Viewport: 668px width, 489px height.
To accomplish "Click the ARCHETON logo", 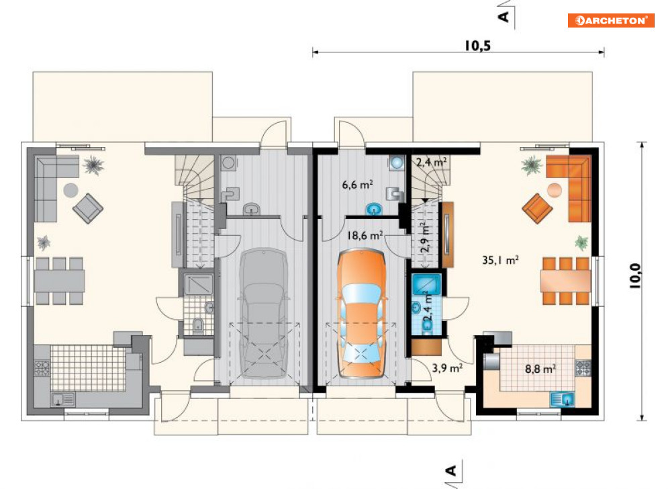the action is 610,20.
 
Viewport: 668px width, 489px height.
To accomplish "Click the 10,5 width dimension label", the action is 477,46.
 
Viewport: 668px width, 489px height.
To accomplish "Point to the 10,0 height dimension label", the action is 635,276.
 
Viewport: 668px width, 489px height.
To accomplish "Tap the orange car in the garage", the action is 361,314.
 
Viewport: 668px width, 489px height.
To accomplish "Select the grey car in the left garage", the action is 264,314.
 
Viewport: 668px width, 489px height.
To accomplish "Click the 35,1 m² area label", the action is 500,260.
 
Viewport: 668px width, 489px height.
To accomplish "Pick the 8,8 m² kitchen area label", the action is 540,368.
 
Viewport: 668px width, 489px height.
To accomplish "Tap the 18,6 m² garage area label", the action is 365,235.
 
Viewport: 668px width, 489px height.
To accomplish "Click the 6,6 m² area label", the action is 357,185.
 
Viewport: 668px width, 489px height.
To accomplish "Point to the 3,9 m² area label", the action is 447,367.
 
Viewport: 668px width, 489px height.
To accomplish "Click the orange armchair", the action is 537,208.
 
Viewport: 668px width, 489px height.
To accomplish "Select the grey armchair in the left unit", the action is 88,208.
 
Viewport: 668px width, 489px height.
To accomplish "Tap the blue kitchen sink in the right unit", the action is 563,400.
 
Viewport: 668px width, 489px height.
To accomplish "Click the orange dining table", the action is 566,281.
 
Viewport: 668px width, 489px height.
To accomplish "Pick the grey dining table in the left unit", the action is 59,281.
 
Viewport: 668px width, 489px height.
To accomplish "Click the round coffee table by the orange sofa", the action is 555,190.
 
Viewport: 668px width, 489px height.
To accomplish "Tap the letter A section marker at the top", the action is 504,17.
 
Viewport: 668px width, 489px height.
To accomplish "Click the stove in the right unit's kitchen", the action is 583,368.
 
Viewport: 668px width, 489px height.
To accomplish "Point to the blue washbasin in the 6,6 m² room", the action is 375,210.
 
